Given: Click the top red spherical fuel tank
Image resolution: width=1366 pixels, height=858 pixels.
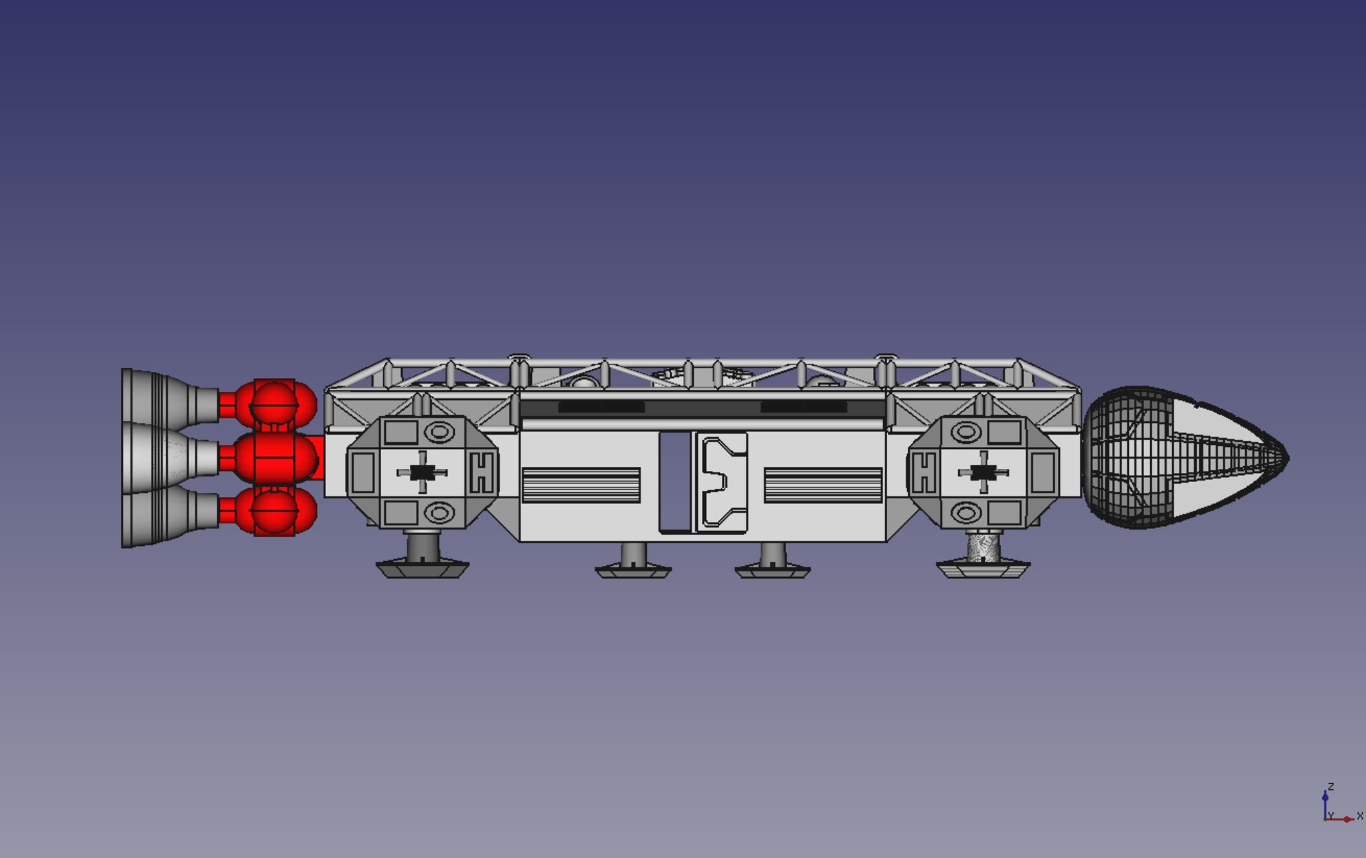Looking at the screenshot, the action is pyautogui.click(x=275, y=403).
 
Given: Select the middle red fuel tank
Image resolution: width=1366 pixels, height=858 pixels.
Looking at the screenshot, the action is pyautogui.click(x=276, y=457).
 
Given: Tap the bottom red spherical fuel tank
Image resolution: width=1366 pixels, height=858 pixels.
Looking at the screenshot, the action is pyautogui.click(x=275, y=511).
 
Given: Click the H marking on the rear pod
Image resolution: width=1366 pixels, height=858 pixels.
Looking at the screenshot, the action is pyautogui.click(x=482, y=472).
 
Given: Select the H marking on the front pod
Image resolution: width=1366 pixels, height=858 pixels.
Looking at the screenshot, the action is pyautogui.click(x=923, y=472).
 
